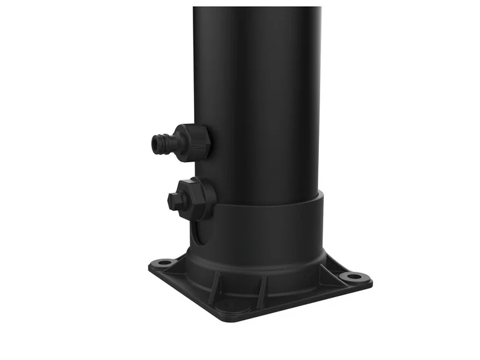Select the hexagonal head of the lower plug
[x=173, y=200]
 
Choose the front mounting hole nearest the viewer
[x=226, y=305]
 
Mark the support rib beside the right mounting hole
[x=330, y=267]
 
